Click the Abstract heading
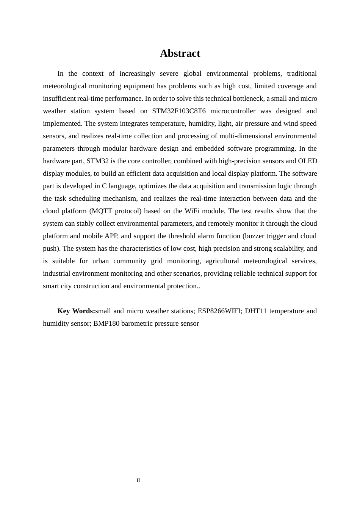(x=180, y=53)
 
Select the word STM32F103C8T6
(x=179, y=111)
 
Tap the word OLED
(x=307, y=161)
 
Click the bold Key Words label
(x=76, y=311)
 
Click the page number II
(x=138, y=481)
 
